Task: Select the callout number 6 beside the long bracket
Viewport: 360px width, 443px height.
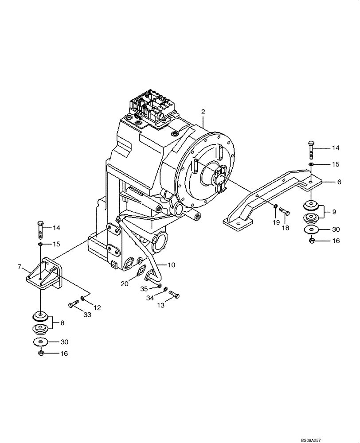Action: pyautogui.click(x=339, y=182)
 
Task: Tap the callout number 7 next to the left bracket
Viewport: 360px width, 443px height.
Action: pyautogui.click(x=19, y=267)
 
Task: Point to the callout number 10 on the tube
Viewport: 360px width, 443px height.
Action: pyautogui.click(x=171, y=265)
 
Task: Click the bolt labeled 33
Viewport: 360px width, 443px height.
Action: pyautogui.click(x=73, y=304)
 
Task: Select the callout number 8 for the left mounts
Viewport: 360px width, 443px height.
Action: pyautogui.click(x=63, y=323)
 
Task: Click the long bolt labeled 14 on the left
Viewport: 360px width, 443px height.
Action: pyautogui.click(x=40, y=229)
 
